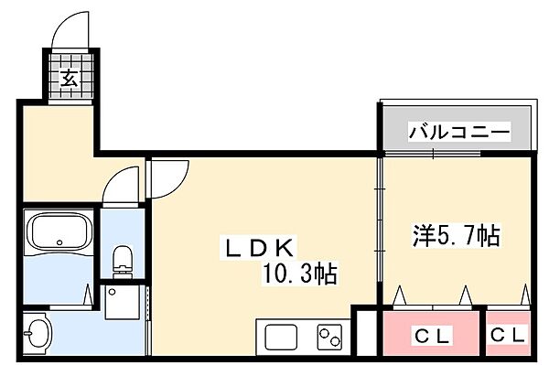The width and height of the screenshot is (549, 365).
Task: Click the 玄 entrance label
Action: click(70, 78)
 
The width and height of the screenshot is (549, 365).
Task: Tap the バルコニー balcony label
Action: click(458, 133)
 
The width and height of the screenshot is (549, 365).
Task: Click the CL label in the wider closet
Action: click(431, 336)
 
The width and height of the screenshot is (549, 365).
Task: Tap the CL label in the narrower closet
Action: click(508, 336)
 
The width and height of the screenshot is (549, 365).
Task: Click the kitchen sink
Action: click(282, 337)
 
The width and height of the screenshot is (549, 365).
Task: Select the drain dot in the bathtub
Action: click(60, 243)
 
